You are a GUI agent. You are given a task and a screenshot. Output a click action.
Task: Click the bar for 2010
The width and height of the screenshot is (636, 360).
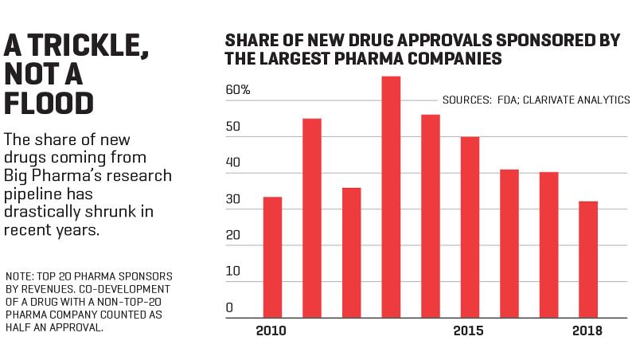coord(272,257)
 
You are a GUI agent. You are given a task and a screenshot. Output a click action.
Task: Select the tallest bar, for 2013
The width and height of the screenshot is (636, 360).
coord(391,197)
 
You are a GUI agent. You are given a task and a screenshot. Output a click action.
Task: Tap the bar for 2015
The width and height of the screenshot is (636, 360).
coord(470,227)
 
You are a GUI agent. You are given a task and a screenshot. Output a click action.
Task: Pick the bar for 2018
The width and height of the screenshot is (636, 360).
coord(588,260)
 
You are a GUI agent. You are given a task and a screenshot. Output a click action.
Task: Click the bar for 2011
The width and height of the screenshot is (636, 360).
coord(312,218)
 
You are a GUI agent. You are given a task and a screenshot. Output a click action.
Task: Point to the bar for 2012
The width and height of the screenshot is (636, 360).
coord(352,252)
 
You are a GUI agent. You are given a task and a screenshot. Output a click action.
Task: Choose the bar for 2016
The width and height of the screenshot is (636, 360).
coord(509,244)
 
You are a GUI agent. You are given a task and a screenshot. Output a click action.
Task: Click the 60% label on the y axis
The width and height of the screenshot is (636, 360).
coord(238,90)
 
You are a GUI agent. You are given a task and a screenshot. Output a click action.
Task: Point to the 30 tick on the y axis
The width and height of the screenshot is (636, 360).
coord(232,199)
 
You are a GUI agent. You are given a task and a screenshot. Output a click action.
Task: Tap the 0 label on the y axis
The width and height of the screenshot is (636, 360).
coord(229,307)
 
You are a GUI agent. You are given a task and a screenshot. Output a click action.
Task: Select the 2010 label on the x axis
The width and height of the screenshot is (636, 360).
coord(271,331)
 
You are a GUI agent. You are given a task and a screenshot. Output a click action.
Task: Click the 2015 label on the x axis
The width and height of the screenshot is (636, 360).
coord(469,331)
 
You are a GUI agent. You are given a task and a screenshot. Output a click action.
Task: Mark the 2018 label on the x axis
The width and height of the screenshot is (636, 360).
coord(587,331)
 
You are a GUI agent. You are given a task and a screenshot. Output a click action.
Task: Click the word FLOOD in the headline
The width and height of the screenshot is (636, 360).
coord(49,104)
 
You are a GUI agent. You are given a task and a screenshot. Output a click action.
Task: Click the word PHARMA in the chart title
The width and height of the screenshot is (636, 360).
coord(369,58)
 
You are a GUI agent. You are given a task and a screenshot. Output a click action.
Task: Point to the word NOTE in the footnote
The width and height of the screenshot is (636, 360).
coord(19,277)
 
